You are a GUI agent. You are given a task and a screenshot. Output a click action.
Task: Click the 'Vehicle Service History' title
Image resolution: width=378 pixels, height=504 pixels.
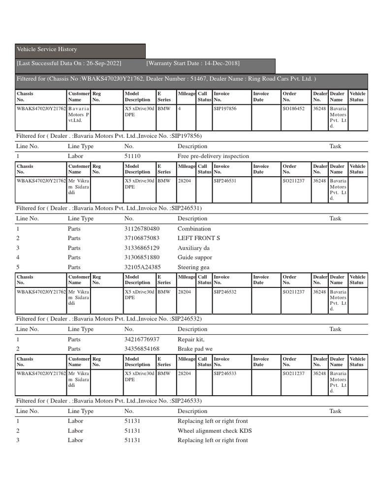click(47, 50)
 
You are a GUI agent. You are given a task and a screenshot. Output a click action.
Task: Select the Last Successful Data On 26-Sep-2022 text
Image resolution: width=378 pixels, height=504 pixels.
click(69, 63)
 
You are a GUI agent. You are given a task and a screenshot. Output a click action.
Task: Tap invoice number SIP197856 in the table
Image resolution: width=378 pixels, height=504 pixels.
click(225, 108)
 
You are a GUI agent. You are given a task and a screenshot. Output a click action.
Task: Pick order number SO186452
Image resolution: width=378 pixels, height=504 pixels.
click(293, 108)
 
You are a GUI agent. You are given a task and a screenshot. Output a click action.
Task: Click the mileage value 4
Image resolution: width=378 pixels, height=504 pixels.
click(180, 108)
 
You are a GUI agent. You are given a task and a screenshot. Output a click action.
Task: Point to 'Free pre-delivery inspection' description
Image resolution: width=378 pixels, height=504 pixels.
click(213, 157)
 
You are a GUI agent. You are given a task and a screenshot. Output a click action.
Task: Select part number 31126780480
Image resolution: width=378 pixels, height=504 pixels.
click(142, 229)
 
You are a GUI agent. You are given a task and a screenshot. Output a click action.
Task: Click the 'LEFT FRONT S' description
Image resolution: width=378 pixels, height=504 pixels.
click(198, 238)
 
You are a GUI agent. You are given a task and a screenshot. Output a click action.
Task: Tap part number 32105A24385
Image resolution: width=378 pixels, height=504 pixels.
click(142, 267)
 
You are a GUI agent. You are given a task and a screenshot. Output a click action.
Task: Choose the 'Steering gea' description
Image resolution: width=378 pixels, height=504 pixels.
click(193, 267)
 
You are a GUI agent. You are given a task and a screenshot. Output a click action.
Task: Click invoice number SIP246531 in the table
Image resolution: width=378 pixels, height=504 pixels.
click(225, 181)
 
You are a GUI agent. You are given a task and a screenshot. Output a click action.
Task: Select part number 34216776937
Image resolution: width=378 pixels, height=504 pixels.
click(142, 340)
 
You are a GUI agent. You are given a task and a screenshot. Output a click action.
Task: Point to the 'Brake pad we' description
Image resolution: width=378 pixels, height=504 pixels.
click(195, 349)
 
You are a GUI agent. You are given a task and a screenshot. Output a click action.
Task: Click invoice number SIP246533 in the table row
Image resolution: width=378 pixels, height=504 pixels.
click(225, 374)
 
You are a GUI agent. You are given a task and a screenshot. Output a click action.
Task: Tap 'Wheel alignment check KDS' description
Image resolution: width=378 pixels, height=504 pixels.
click(215, 431)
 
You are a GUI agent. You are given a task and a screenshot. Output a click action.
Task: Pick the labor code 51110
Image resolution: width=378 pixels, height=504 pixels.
click(132, 157)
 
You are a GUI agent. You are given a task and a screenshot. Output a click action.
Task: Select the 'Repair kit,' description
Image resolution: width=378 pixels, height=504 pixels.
click(191, 340)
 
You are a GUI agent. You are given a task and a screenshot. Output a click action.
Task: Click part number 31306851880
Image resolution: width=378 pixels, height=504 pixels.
click(142, 257)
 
